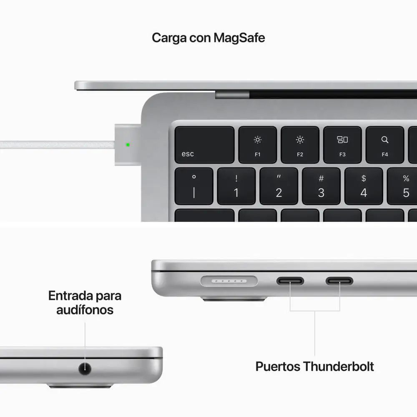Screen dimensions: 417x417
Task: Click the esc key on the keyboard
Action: point(204,145)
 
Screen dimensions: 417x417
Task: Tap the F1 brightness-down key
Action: point(257,145)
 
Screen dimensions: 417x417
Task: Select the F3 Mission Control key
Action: point(342,145)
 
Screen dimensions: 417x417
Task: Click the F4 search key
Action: point(384,145)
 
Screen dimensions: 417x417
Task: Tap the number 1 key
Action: point(236,186)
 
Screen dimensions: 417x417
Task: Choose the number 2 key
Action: point(279,186)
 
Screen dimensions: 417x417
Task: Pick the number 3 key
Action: point(321,186)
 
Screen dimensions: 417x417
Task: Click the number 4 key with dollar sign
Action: point(363,186)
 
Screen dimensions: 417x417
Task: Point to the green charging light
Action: point(128,145)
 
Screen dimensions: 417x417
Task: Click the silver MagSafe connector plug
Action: point(128,144)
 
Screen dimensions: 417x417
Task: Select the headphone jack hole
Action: point(85,368)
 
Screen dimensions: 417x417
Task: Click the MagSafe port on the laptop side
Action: point(229,281)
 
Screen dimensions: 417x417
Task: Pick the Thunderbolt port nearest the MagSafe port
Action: point(290,281)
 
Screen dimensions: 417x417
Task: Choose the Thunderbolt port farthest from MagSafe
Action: point(339,281)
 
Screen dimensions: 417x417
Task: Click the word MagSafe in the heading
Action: point(239,38)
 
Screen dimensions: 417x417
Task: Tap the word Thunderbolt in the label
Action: point(338,367)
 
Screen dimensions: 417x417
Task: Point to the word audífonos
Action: point(85,310)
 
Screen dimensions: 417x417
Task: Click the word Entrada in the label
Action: point(70,296)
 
